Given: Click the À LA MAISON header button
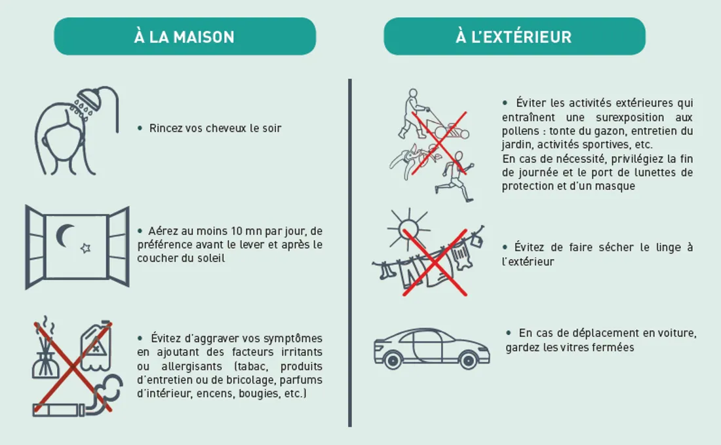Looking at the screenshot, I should click(184, 37).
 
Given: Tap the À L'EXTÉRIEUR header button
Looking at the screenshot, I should click(514, 37).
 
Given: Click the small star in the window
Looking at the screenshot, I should click(85, 249).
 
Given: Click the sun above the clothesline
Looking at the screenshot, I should click(408, 228).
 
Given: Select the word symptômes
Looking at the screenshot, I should click(292, 339).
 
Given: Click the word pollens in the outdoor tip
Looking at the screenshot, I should click(518, 131).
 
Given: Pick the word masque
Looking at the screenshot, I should click(617, 187).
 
